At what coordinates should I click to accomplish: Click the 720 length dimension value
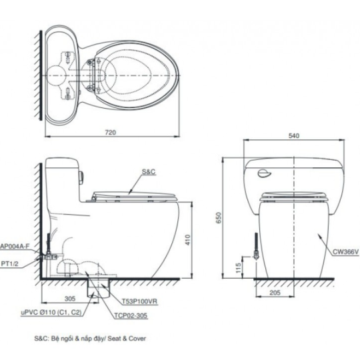point(111,133)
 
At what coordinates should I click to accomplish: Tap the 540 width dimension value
point(294,136)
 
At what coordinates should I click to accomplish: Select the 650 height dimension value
point(219,217)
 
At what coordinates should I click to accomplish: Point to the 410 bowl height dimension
point(188,240)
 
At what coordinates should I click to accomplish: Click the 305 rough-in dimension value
point(70,299)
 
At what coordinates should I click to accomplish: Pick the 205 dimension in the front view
point(275,293)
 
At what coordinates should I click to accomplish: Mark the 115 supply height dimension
point(238,267)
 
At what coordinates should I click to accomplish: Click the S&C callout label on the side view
point(149,172)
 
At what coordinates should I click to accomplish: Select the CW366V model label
point(346,252)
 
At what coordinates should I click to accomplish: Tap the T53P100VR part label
point(139,301)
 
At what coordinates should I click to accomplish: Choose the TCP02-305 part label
point(131,316)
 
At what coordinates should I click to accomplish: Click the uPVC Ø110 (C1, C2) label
point(51,313)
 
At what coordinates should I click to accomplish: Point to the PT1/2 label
point(9,264)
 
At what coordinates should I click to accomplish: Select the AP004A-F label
point(15,247)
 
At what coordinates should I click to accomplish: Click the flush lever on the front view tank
point(264,173)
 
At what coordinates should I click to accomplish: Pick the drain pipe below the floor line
point(98,288)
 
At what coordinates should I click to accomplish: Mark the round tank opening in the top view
point(56,76)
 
